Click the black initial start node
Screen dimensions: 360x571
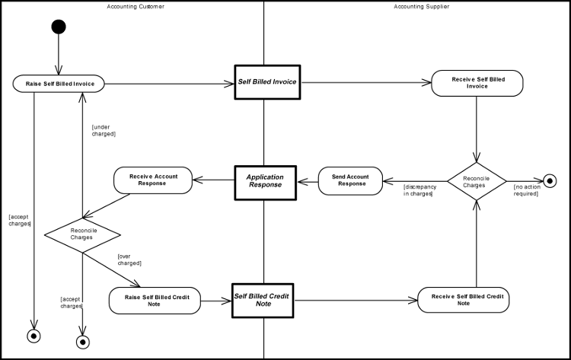tap(58, 27)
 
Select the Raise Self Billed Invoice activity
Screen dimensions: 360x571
tap(59, 84)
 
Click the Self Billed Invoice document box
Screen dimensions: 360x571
tap(267, 82)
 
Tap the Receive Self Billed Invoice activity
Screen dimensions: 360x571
tap(477, 83)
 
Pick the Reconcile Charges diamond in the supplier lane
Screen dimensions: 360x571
tap(477, 181)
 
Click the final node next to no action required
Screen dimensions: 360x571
tap(549, 181)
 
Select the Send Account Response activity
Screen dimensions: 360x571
tap(350, 180)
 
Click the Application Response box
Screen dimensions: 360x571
tap(264, 180)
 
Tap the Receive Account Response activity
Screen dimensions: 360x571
tap(153, 180)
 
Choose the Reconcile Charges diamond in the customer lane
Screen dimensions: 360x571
tap(82, 233)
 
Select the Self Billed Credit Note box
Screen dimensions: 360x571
tap(263, 299)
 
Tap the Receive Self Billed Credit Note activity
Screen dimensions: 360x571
tap(463, 299)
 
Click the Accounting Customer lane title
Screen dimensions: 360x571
tap(136, 6)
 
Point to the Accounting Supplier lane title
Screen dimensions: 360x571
tap(421, 6)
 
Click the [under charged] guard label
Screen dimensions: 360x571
tap(104, 129)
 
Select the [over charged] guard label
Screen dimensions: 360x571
tap(129, 260)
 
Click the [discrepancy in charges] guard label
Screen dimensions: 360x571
tap(418, 190)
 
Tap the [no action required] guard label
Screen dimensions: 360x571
tap(526, 190)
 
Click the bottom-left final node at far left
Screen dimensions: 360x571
tap(33, 335)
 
